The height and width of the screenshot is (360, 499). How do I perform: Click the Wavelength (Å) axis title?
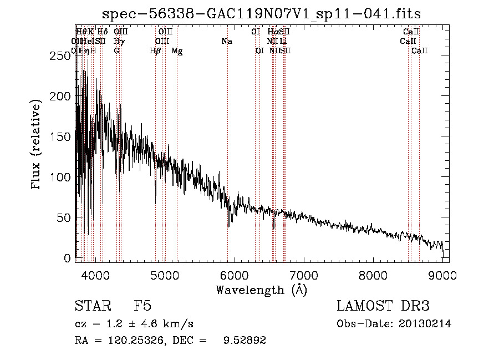[261, 290]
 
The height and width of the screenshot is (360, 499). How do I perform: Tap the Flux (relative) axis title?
[37, 145]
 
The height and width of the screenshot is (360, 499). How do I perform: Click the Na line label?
[226, 42]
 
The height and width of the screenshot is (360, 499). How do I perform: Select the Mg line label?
[177, 51]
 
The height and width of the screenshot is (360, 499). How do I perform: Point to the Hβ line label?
[155, 51]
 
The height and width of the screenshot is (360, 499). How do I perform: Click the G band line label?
[116, 51]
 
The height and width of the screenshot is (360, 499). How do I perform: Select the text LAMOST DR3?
[383, 306]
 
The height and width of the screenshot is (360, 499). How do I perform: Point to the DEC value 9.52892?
[245, 341]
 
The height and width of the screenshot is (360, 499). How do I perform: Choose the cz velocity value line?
[134, 324]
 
